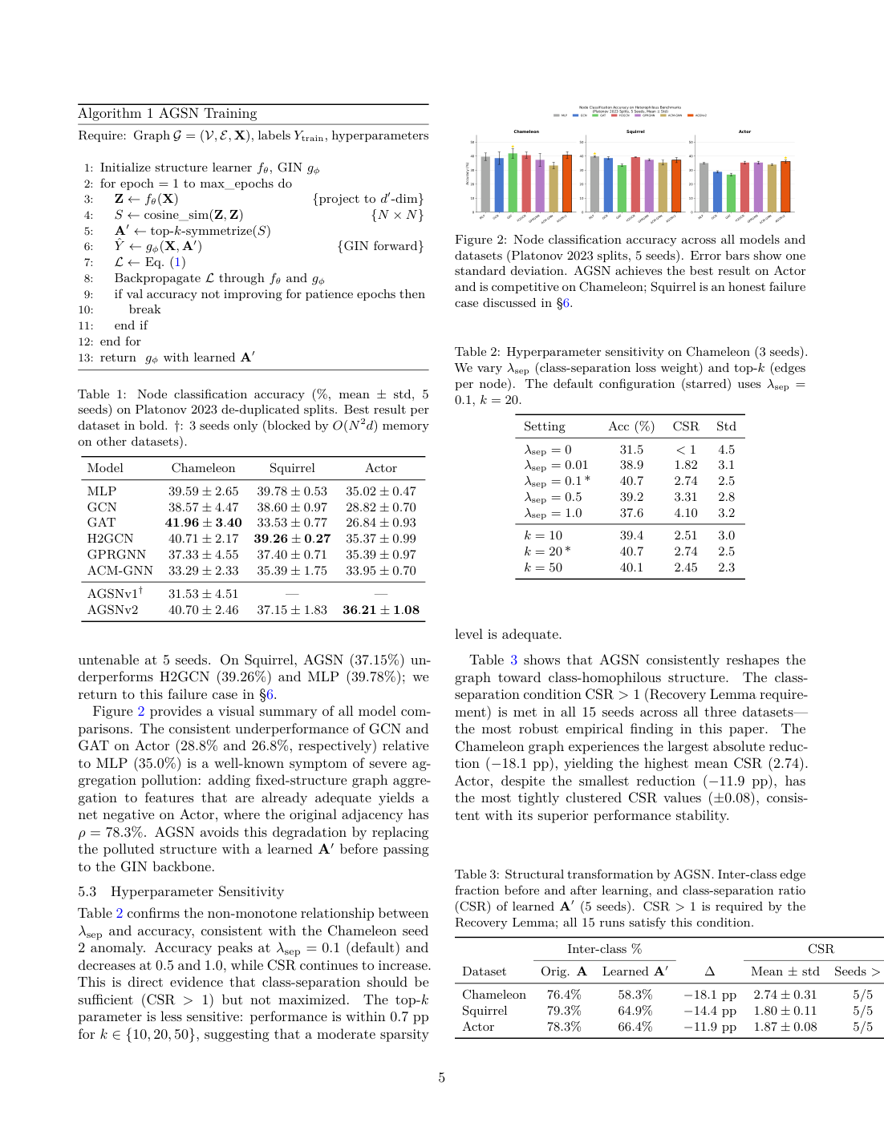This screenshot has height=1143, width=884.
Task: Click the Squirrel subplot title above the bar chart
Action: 635,131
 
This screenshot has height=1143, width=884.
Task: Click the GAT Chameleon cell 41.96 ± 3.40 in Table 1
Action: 203,523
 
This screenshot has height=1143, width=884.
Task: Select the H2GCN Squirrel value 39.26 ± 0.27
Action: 292,539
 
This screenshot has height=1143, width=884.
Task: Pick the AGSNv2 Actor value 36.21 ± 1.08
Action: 381,610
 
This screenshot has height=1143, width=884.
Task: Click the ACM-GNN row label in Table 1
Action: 120,571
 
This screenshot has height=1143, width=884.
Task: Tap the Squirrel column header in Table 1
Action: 292,468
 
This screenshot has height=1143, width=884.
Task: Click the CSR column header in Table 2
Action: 685,426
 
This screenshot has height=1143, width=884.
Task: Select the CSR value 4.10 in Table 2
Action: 685,513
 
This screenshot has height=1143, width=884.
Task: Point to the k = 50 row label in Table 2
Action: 543,567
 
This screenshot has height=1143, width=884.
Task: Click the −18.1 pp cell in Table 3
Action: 710,995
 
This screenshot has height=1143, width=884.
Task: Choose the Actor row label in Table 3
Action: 478,1027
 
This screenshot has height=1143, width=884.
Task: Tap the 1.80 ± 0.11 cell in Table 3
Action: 785,1011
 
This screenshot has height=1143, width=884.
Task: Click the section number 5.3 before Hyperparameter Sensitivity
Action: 87,892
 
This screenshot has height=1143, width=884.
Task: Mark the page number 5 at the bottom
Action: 441,1078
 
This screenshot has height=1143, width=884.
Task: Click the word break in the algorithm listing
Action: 144,309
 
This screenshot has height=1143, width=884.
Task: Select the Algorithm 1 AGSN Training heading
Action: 168,114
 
